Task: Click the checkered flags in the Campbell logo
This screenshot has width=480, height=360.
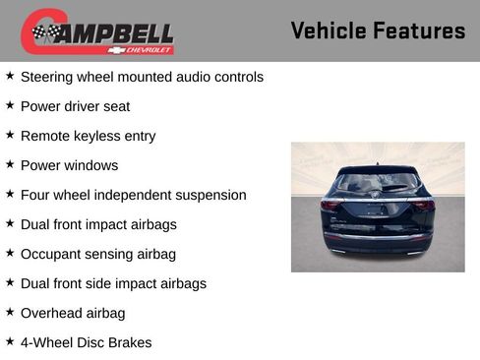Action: [44, 32]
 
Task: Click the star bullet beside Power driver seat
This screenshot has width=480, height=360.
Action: [10, 105]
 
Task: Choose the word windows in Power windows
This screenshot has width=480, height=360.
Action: [91, 165]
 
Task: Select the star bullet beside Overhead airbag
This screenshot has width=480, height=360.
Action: [10, 312]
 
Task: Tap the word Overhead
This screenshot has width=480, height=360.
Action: [52, 313]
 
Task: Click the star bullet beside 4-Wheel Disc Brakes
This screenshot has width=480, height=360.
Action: [10, 341]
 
